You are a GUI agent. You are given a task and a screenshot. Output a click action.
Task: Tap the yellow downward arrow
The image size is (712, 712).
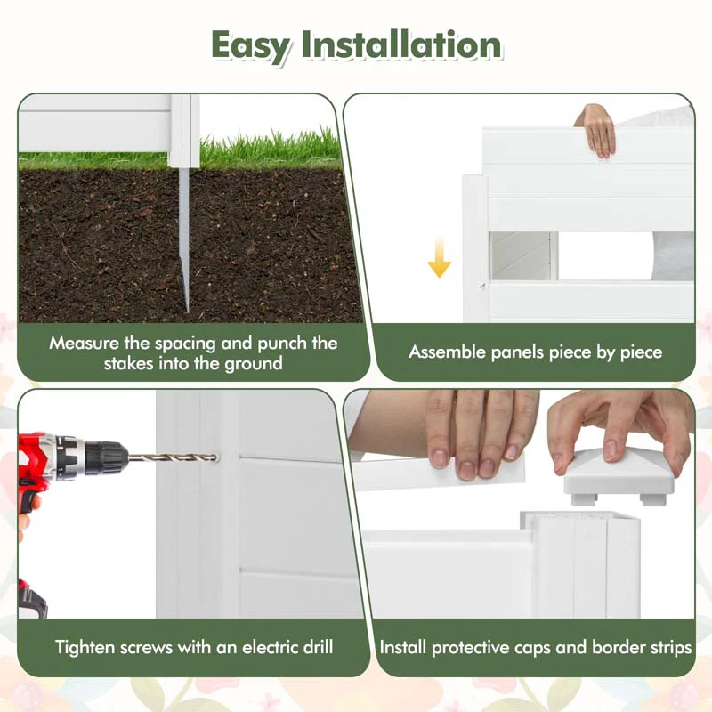coord(439,258)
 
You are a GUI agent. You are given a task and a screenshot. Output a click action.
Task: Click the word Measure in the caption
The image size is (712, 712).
coord(85,343)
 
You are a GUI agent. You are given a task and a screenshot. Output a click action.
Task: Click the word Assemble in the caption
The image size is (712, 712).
coord(449,352)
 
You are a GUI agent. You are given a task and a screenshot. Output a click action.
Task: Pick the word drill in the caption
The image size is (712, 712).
coord(312,647)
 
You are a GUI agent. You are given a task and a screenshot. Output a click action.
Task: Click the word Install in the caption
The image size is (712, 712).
coord(406,647)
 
